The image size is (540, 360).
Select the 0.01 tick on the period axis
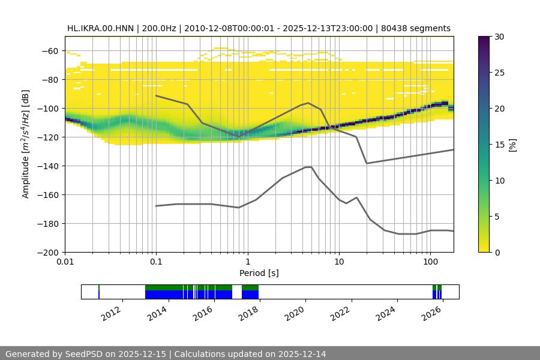[65, 262]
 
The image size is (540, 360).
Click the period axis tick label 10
[339, 262]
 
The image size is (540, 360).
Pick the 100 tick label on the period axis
[430, 262]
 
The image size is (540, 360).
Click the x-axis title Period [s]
[259, 273]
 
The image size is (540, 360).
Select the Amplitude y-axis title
[26, 145]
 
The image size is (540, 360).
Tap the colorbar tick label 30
[499, 37]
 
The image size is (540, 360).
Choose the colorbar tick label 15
[499, 145]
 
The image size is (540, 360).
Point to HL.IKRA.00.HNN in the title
[100, 28]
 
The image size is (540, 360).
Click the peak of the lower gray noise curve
[308, 167]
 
